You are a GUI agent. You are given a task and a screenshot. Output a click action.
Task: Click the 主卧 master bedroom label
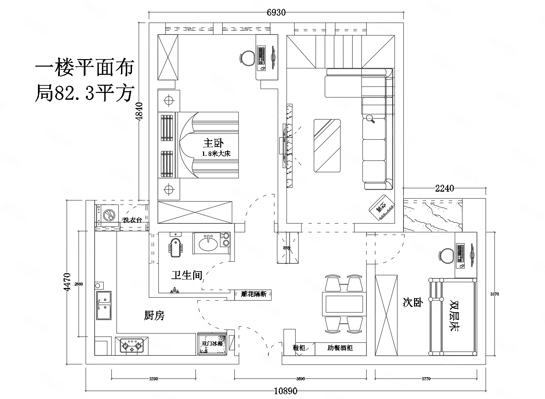[213, 143]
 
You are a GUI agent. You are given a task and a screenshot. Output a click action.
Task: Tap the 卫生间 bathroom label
[187, 275]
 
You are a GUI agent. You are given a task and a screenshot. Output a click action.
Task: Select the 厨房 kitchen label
[154, 316]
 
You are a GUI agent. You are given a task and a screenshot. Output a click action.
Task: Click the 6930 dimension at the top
[276, 13]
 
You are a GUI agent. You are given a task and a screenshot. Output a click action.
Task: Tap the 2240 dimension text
[444, 188]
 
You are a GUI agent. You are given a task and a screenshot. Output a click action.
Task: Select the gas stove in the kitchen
[132, 345]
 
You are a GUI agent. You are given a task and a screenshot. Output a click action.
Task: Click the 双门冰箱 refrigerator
[212, 343]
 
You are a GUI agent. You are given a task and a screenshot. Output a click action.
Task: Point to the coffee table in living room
[327, 146]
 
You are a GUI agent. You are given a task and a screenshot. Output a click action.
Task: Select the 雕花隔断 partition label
[253, 294]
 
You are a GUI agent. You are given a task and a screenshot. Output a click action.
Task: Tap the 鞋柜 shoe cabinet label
[298, 348]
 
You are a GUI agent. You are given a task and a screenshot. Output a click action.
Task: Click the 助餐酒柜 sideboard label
[340, 348]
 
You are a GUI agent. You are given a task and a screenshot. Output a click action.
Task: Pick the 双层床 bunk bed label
[454, 316]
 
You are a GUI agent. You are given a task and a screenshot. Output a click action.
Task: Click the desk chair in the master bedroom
[247, 57]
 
